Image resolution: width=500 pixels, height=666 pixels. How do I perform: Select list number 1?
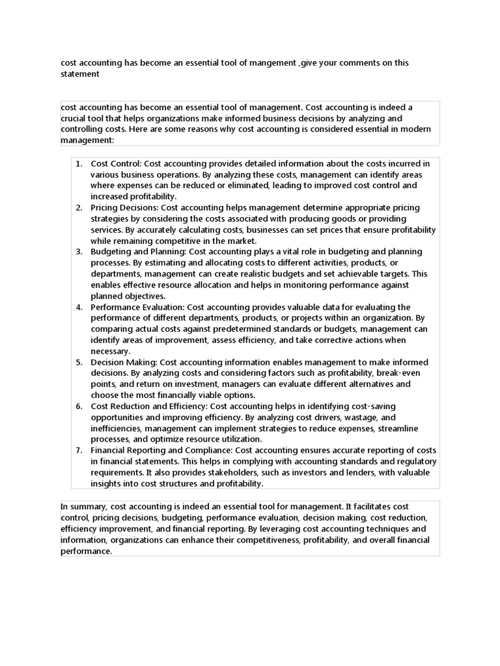(78, 163)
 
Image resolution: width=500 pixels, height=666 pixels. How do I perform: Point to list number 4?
(78, 307)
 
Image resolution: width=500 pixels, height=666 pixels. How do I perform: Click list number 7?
(78, 451)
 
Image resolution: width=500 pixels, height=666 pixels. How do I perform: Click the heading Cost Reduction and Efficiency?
(149, 406)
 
